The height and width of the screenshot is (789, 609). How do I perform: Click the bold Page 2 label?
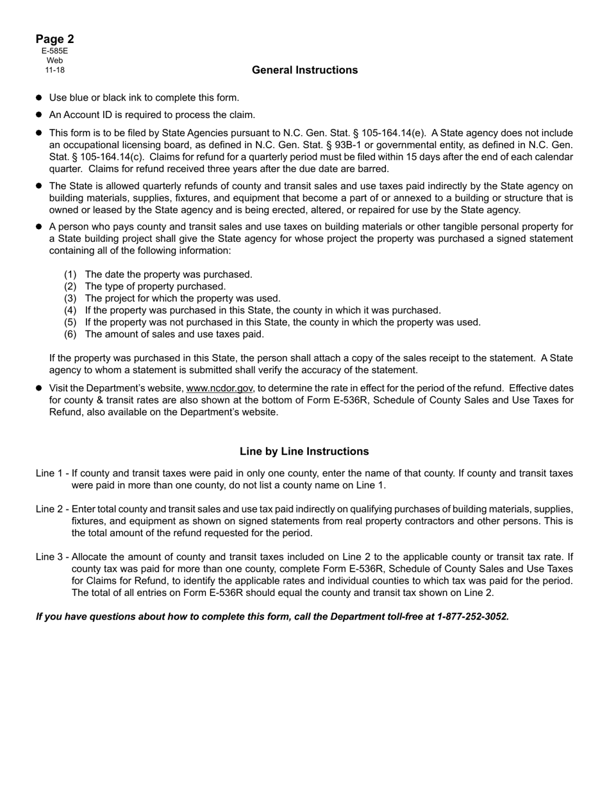[54, 39]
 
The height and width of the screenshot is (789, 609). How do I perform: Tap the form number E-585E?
[54, 51]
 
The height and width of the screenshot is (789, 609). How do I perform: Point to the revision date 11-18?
[54, 70]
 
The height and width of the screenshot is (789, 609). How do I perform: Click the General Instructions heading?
[304, 70]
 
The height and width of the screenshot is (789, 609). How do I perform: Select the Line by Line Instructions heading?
[304, 452]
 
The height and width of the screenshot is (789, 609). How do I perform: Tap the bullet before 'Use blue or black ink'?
[39, 98]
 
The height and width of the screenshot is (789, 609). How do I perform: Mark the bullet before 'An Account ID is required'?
[39, 115]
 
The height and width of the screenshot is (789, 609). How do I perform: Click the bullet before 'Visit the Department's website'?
[39, 389]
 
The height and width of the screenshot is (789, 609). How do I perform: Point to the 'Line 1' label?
[49, 473]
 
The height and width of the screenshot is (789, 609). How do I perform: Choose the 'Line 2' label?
[49, 509]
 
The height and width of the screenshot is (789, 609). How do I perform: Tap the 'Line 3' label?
[49, 557]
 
